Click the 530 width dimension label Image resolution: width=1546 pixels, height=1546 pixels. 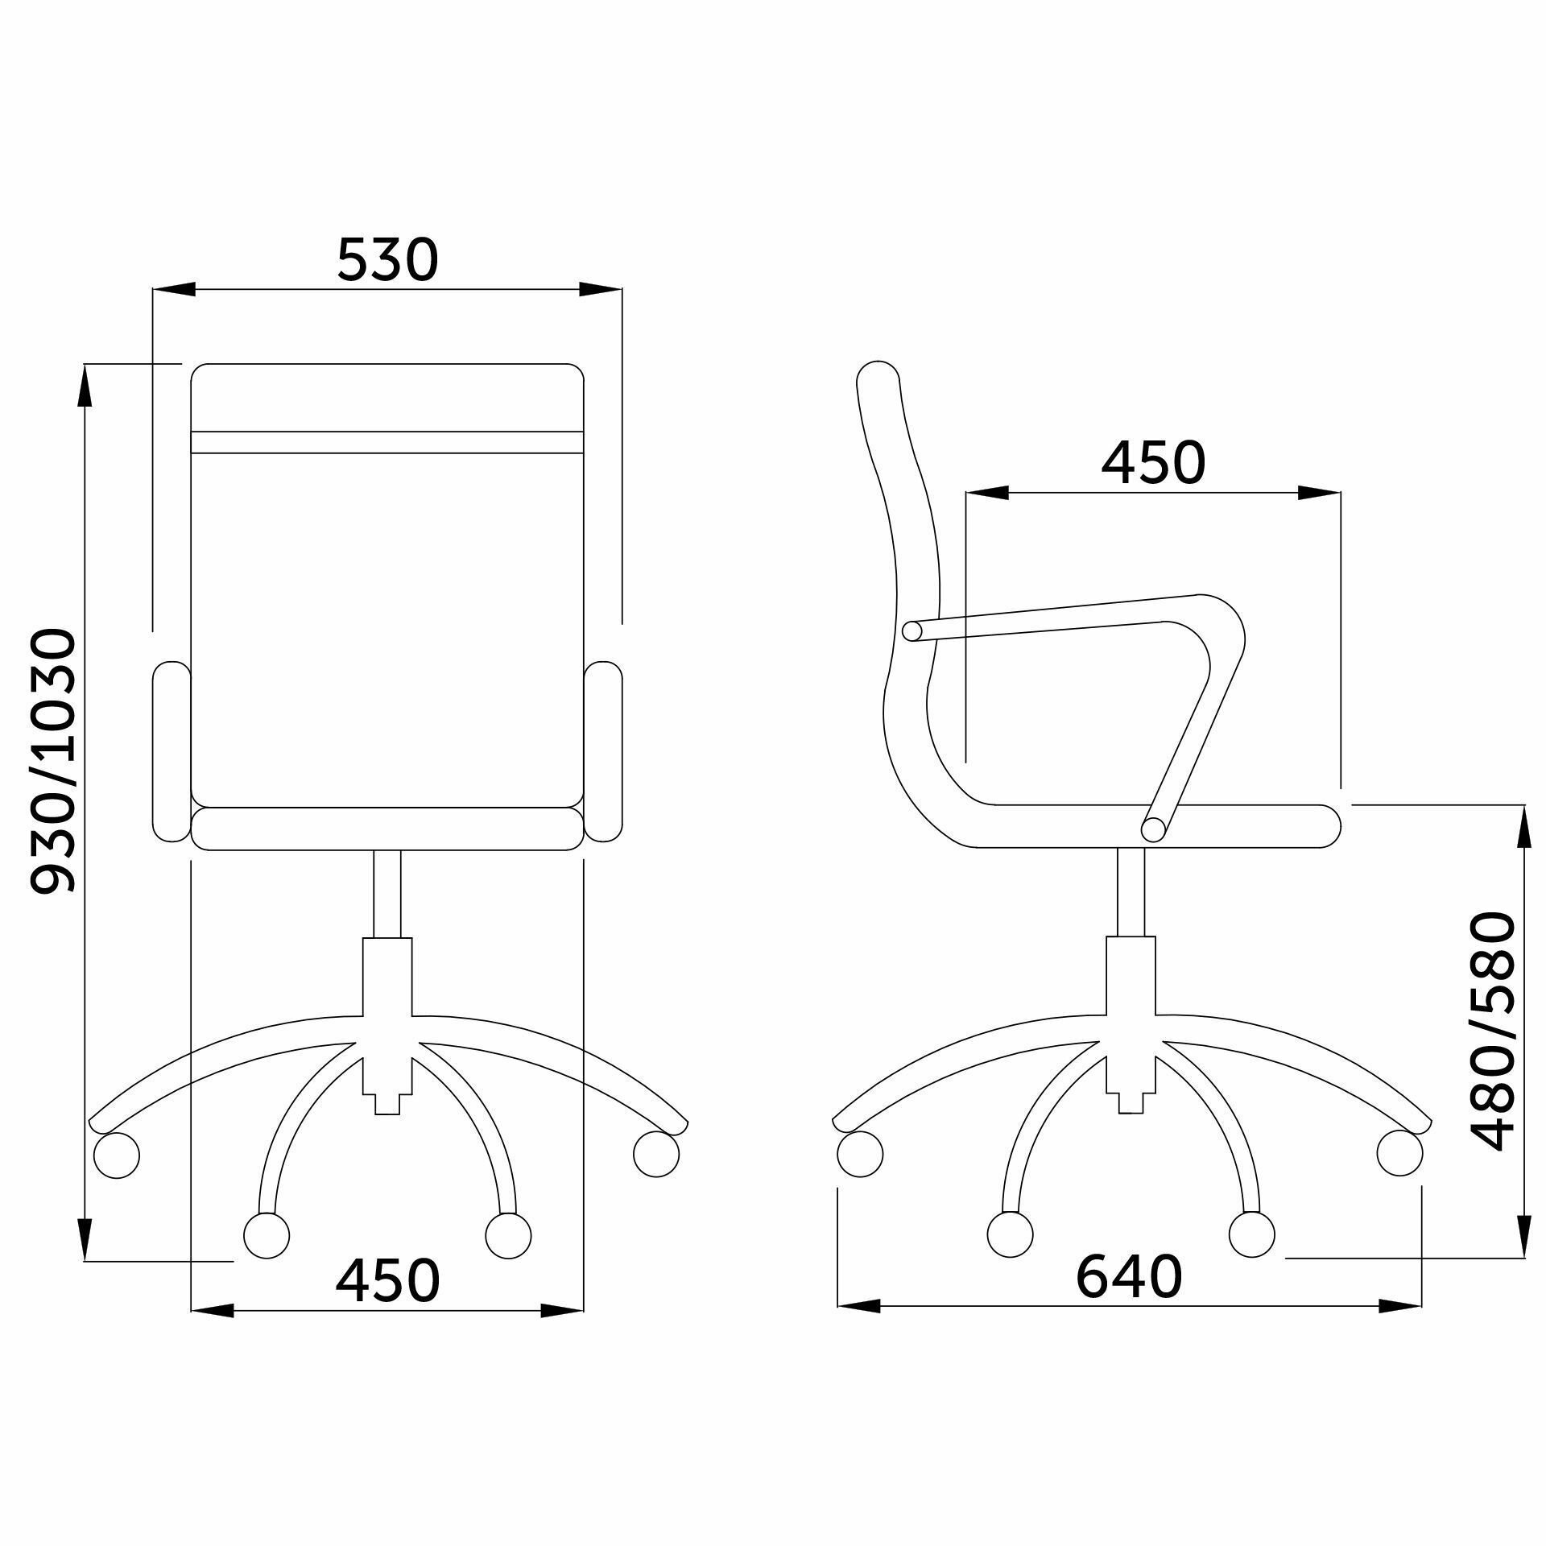point(387,259)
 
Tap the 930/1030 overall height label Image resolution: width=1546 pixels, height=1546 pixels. point(53,761)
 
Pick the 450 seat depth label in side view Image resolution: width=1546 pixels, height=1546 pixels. point(1153,463)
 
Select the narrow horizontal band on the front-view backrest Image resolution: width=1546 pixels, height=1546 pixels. point(387,442)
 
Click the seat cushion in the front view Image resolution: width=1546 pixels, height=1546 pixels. point(387,828)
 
